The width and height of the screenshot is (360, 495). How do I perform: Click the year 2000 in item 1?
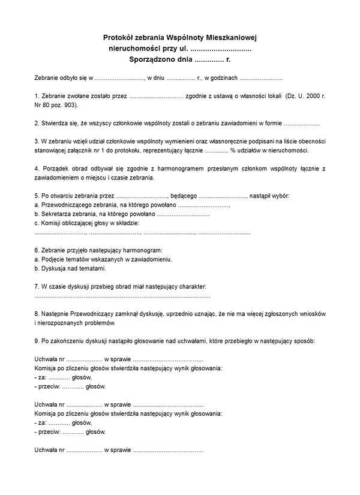311,96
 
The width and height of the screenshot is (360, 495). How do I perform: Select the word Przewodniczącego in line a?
64,205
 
